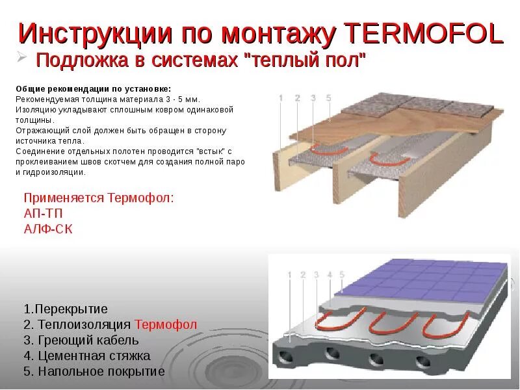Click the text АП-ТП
coord(44,213)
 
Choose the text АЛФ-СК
coord(49,228)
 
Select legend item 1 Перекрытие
coord(66,308)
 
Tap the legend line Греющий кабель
coord(81,340)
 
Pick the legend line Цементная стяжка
coord(87,356)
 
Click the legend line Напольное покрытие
coord(94,372)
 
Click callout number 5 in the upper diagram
coord(329,98)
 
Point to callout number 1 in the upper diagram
coord(281,98)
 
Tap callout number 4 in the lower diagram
coord(330,275)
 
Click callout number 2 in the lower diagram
coord(303,275)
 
